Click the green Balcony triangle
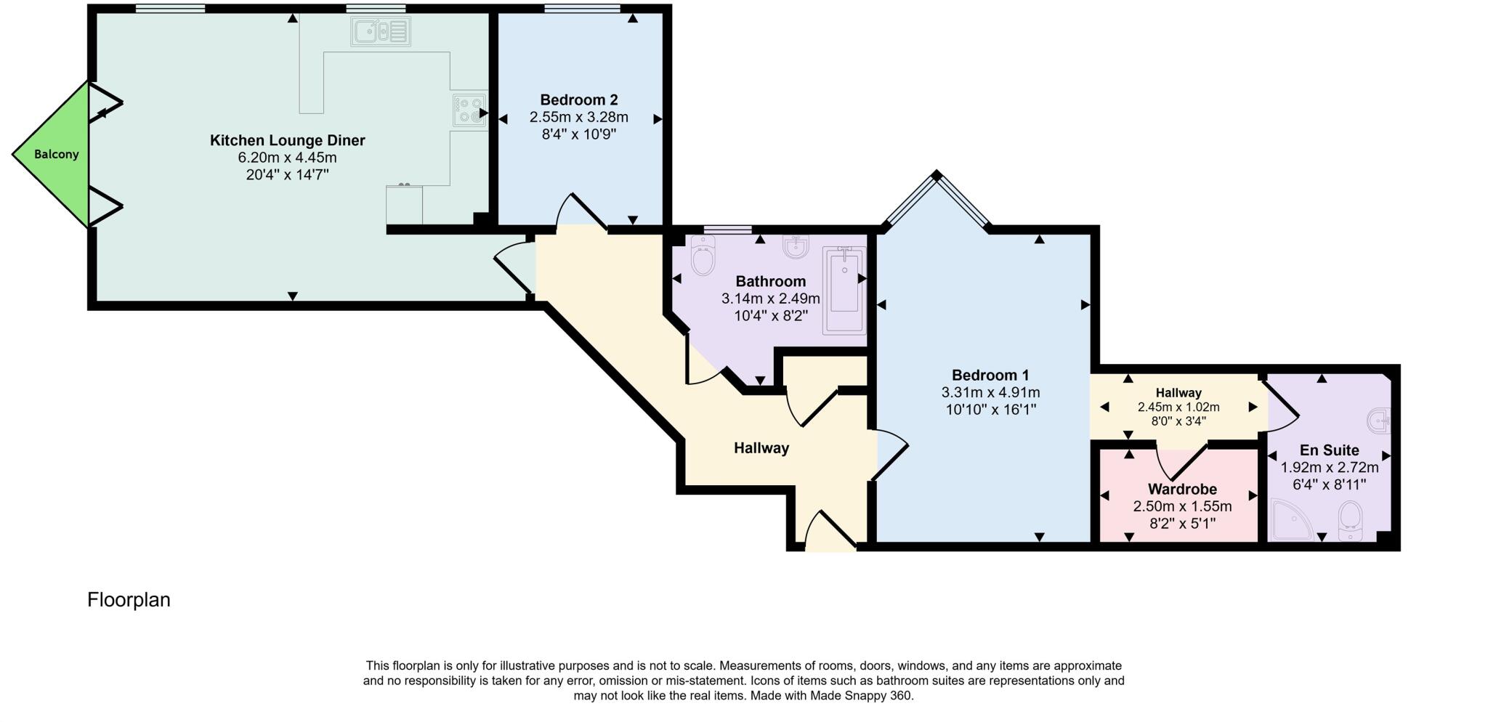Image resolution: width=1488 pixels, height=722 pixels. coord(54,155)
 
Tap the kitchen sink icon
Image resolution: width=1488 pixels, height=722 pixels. coord(380,31)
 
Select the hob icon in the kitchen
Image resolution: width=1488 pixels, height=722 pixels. coord(469,110)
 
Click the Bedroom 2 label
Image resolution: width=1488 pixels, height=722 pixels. coord(578,100)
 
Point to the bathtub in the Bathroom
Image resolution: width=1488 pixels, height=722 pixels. coord(844,291)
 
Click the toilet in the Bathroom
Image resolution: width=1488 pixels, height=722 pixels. coord(703,256)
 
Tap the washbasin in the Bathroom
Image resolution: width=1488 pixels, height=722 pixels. coord(796,247)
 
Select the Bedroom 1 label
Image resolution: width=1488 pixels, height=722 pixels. coord(990,375)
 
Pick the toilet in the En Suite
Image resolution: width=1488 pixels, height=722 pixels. coord(1351,520)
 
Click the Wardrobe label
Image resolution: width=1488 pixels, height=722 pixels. coord(1181,489)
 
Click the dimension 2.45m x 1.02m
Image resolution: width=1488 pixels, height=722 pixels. coord(1178,407)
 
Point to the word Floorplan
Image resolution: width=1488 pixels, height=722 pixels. coord(129,600)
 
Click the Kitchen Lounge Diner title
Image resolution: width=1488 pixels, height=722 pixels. coord(287,140)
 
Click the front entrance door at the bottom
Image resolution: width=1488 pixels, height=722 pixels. coord(830,531)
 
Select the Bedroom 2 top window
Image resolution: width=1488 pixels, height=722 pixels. coord(582,9)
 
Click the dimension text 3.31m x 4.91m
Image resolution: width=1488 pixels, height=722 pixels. coord(990,392)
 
